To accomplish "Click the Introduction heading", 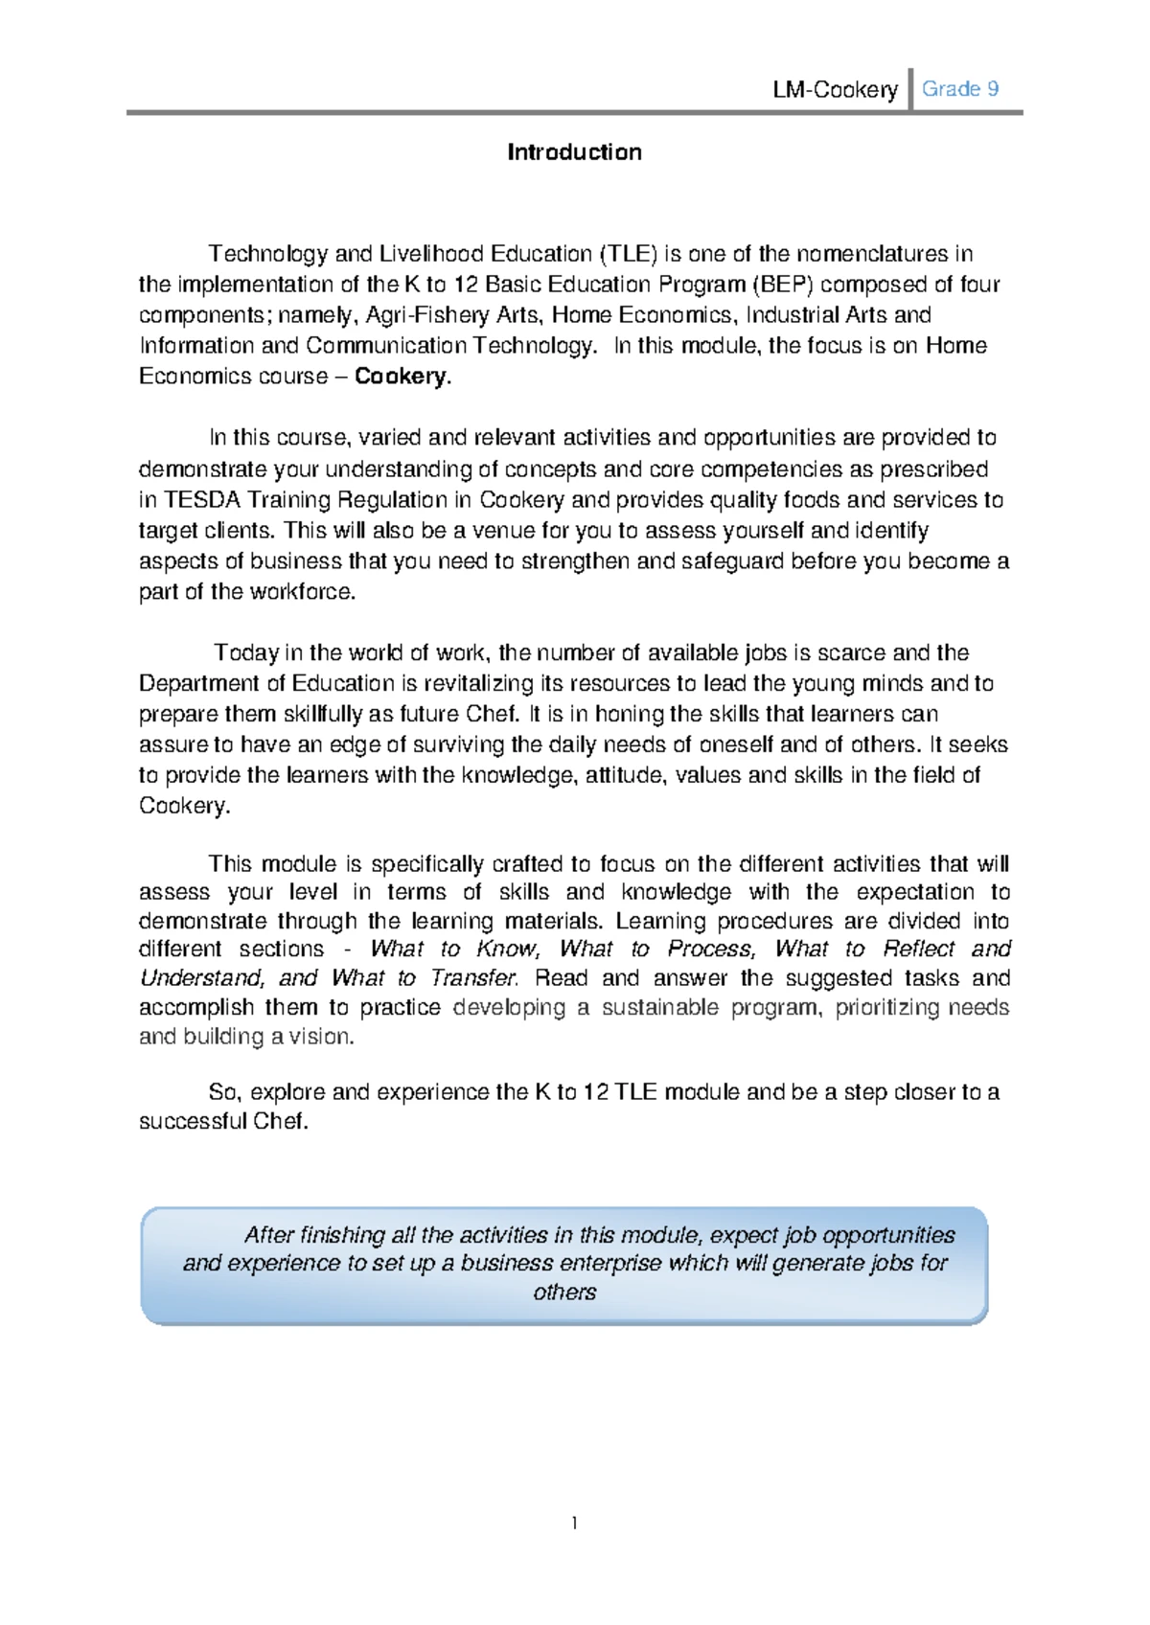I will point(574,152).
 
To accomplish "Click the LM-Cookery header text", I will point(835,90).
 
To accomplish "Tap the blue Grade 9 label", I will point(960,89).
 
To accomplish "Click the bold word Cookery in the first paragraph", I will point(400,377).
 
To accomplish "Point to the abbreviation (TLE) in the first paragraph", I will point(629,254).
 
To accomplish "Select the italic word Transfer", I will point(473,978).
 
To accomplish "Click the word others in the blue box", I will point(564,1293).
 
